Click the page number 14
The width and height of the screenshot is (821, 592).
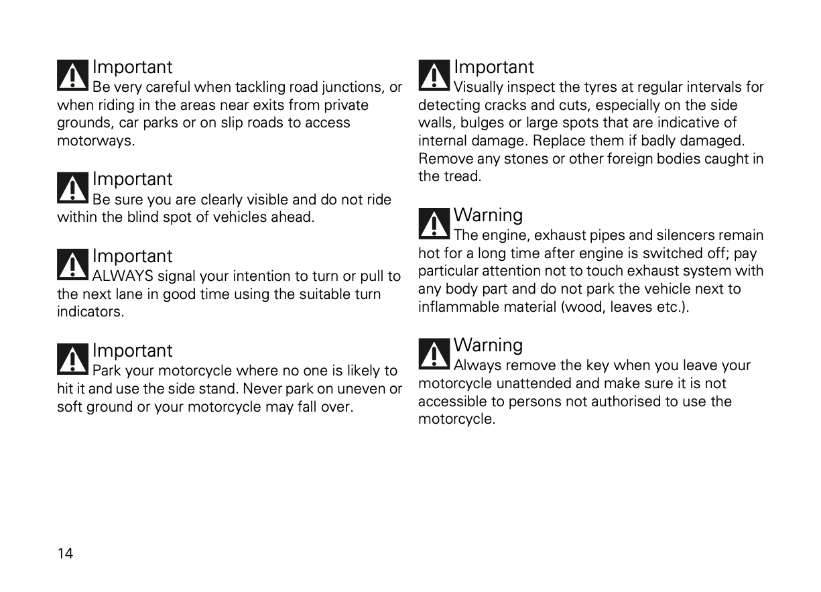65,553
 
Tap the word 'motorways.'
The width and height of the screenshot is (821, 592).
96,141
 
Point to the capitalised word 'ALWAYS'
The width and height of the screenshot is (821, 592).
122,276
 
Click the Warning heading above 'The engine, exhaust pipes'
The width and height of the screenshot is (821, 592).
488,215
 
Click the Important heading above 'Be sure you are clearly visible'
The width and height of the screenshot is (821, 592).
132,179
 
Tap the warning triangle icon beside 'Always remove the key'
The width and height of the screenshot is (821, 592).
434,353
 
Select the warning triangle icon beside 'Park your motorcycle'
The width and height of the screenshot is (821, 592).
72,359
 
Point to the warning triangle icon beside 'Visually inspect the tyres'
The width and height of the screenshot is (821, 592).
434,75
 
